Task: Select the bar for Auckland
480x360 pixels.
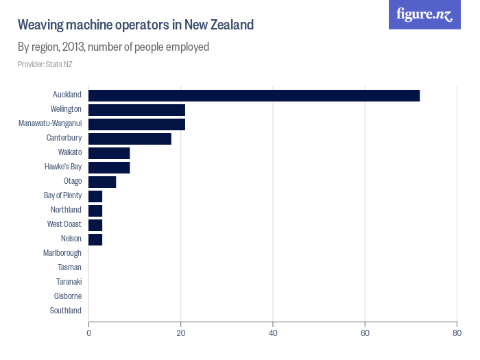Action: [x=254, y=95]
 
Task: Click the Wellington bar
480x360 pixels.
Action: [x=136, y=110]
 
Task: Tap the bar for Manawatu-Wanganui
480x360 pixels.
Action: [x=136, y=124]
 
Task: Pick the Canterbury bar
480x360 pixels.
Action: [x=130, y=139]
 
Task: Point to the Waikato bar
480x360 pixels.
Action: [x=109, y=153]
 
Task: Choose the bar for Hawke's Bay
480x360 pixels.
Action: [x=109, y=167]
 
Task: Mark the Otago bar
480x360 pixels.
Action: [x=102, y=182]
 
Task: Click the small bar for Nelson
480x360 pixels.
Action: [x=95, y=239]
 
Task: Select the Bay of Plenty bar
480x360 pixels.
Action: [x=95, y=196]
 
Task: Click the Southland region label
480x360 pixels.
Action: [x=65, y=311]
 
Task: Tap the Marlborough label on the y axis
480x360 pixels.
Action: [x=62, y=253]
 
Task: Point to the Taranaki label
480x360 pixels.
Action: [x=69, y=282]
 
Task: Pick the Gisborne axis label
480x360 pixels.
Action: [x=67, y=296]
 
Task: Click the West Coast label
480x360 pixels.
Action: [x=64, y=224]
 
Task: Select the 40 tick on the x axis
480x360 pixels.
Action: [x=273, y=333]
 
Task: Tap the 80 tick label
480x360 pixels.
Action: [x=457, y=333]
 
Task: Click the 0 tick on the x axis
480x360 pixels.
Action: [x=88, y=333]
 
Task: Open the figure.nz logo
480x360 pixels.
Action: [x=424, y=14]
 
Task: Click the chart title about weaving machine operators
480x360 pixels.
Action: [x=136, y=25]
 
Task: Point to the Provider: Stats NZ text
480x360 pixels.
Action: [x=45, y=64]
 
